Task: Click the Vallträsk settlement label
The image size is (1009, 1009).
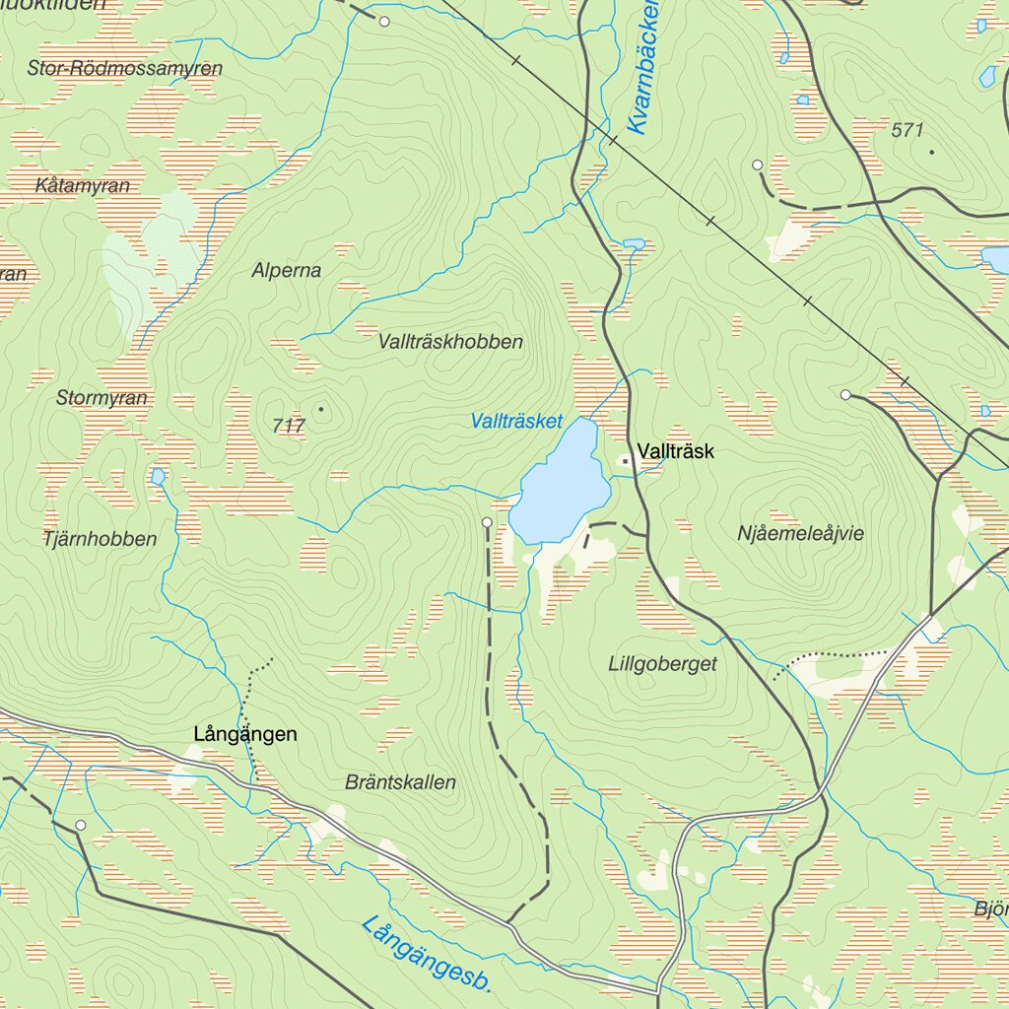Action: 675,452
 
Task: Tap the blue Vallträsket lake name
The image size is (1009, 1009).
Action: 516,422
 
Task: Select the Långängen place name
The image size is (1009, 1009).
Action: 245,734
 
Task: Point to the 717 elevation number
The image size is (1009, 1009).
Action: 289,426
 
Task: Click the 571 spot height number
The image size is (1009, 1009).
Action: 908,130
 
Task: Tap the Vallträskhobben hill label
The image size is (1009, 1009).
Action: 450,342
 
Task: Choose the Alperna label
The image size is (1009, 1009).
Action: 286,270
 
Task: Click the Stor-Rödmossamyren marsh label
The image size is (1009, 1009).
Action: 125,69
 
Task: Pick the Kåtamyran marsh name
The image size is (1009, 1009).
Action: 82,185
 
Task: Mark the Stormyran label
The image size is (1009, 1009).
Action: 101,398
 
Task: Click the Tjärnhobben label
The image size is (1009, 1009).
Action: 100,539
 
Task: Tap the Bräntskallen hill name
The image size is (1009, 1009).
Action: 401,782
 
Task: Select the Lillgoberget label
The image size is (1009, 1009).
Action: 662,664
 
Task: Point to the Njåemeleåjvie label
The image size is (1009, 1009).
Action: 800,533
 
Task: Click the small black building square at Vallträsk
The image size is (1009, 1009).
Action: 625,460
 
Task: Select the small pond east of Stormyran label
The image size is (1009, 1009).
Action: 158,477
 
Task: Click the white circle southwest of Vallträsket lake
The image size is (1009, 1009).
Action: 487,521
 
